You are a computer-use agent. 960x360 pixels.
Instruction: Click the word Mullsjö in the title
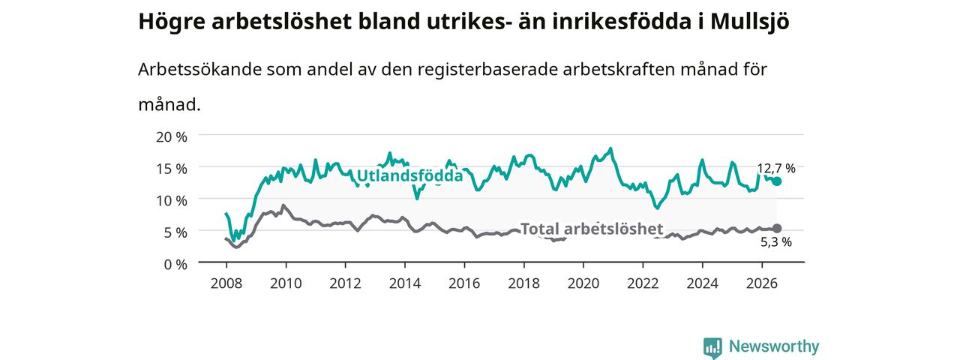pos(749,22)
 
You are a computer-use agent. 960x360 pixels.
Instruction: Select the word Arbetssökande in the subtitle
pos(199,69)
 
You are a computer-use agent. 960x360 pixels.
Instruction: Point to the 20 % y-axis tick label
pos(172,137)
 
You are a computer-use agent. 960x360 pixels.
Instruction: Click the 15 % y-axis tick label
pos(172,169)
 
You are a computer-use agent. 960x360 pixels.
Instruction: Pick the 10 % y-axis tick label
pos(172,200)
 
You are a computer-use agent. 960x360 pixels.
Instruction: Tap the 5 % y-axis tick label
pos(175,232)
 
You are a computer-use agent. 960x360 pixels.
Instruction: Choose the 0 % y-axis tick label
pos(175,265)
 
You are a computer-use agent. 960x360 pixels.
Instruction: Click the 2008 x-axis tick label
pos(226,283)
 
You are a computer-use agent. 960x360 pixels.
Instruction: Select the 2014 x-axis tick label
pos(404,283)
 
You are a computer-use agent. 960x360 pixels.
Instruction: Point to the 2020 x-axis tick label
pos(583,283)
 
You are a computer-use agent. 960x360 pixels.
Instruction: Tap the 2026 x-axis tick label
pos(761,283)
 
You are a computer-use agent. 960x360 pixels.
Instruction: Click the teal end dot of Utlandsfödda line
pos(776,181)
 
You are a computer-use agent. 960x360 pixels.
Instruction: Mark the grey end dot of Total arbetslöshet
pos(776,229)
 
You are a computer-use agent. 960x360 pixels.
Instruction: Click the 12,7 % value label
pos(776,169)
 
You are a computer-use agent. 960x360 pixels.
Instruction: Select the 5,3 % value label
pos(776,242)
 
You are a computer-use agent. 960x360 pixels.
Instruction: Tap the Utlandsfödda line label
pos(409,175)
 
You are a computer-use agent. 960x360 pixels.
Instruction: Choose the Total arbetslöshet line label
pos(592,229)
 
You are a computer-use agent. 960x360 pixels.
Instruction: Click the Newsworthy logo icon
pos(712,347)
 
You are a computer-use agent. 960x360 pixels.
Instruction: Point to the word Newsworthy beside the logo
pos(774,346)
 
